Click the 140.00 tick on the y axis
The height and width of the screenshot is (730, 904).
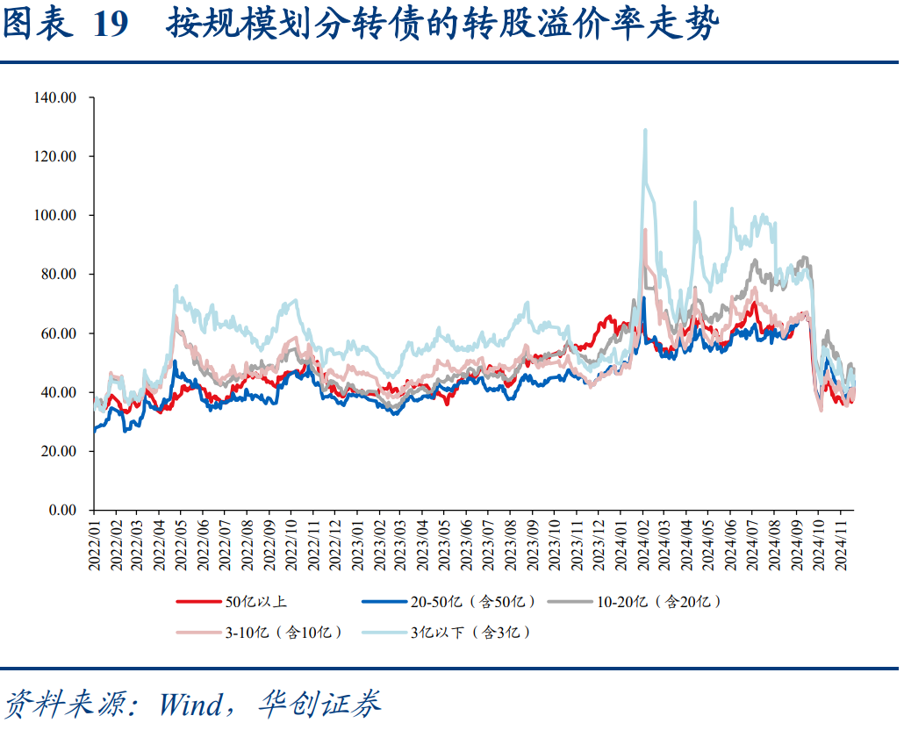(x=55, y=97)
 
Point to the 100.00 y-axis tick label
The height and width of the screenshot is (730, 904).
(x=55, y=215)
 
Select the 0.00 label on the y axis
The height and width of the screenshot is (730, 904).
(x=62, y=510)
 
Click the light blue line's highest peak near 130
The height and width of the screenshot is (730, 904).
(x=645, y=131)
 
